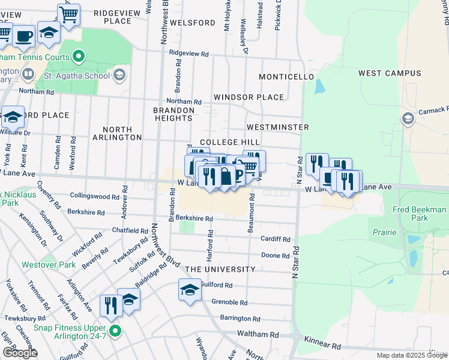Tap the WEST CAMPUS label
click(390, 73)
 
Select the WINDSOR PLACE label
click(249, 97)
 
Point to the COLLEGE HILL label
click(229, 142)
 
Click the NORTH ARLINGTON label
click(121, 133)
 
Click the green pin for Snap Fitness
click(115, 329)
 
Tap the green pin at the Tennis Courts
click(78, 57)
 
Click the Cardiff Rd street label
click(275, 239)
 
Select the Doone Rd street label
click(276, 256)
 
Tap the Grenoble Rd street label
click(229, 302)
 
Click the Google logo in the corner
click(20, 353)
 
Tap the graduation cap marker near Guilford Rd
click(190, 290)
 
